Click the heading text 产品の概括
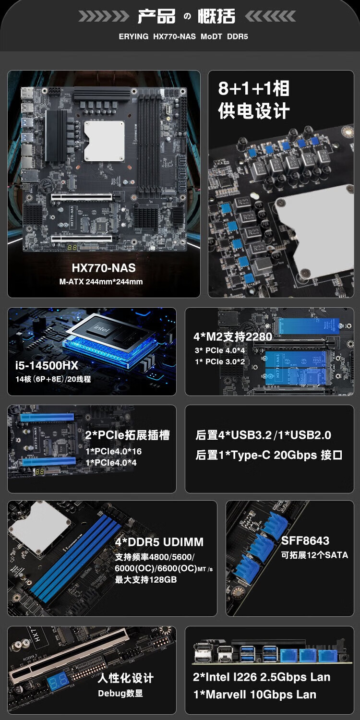186,16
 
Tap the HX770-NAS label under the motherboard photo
104,268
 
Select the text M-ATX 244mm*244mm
101,282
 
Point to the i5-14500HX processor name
47,365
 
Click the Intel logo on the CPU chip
102,328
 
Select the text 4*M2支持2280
233,336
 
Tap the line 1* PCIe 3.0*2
219,361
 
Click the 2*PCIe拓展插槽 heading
127,435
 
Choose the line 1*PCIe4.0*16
113,451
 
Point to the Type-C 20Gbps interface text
269,455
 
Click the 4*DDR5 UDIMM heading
159,542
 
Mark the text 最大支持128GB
145,579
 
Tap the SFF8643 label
305,540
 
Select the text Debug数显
120,693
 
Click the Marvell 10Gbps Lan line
254,694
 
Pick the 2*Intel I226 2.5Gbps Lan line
261,677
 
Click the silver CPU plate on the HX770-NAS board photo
104,141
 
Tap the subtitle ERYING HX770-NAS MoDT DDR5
183,36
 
